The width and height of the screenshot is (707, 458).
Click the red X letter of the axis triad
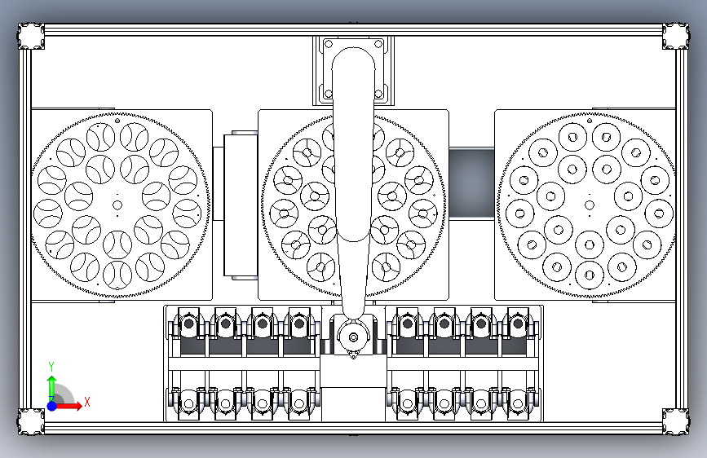point(87,401)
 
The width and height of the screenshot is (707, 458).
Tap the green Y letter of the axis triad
point(51,366)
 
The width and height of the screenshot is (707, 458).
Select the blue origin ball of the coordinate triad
point(51,405)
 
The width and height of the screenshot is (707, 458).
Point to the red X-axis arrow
point(71,405)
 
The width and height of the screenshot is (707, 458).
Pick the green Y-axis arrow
point(51,386)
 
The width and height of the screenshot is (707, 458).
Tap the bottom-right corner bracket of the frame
point(675,421)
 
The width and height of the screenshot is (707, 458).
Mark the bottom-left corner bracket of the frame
point(32,421)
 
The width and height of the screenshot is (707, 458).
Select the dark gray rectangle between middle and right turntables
point(472,183)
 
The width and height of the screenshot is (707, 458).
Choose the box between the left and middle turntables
point(235,205)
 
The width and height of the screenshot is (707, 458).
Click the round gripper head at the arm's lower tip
point(353,335)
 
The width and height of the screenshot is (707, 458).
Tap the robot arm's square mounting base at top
point(353,70)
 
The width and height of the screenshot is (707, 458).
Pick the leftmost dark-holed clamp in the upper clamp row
point(188,325)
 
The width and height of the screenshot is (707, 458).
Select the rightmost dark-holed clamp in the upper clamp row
point(517,325)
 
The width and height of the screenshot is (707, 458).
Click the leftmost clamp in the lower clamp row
point(188,402)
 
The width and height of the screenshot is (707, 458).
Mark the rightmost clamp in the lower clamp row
point(517,402)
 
